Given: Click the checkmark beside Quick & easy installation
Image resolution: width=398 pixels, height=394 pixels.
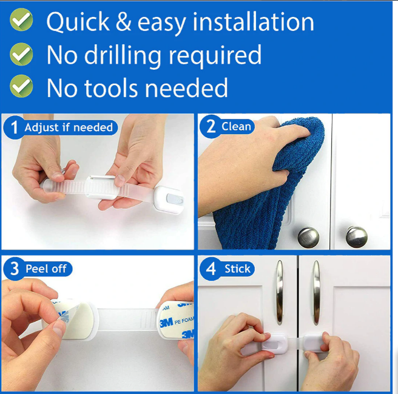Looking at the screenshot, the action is click(21, 19).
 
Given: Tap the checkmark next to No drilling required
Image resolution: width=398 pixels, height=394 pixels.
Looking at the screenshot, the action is click(21, 54).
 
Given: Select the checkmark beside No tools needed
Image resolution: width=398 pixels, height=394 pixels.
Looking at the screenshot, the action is click(21, 86).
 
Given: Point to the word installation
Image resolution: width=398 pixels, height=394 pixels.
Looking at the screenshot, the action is click(253, 22).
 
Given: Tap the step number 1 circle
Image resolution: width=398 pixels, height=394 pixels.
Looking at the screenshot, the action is click(14, 127).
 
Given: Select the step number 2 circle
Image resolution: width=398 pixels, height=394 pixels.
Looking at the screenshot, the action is click(211, 126).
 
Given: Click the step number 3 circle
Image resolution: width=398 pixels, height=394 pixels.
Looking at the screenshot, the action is click(14, 269).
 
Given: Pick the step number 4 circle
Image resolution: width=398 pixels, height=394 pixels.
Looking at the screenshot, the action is click(211, 269).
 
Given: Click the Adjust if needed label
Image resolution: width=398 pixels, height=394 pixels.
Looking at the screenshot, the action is click(69, 127).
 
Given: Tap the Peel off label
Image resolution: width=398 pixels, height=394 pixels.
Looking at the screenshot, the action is click(46, 269).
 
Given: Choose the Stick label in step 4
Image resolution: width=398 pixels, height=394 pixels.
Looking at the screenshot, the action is click(237, 269).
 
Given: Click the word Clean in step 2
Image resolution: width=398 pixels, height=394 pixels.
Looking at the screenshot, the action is click(236, 126).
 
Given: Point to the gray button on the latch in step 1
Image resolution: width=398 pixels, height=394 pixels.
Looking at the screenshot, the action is click(175, 199).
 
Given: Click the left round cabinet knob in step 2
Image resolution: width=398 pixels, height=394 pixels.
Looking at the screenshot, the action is click(308, 237).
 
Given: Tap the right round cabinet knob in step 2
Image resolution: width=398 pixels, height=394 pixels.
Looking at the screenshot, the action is click(356, 237).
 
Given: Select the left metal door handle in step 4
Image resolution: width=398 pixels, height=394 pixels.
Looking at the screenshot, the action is click(280, 293).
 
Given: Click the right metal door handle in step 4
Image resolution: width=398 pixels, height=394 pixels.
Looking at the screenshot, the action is click(316, 293).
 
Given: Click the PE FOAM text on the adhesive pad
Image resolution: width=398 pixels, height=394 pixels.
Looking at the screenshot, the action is click(184, 321).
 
